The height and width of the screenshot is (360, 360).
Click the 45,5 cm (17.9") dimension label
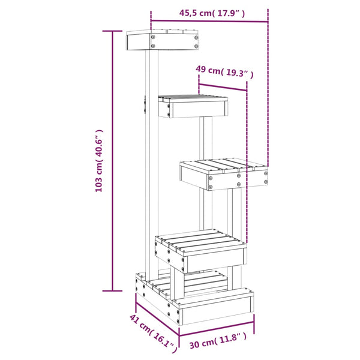(x=208, y=12)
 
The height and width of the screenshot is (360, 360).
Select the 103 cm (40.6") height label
(x=100, y=161)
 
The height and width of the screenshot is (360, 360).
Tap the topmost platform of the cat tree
(x=163, y=40)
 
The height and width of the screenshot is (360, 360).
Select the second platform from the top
(x=193, y=105)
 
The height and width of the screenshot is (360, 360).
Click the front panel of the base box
(x=216, y=308)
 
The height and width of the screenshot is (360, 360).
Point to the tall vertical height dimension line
(x=112, y=161)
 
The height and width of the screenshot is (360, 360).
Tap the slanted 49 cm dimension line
(x=222, y=86)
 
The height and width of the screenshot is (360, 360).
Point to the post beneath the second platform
(x=206, y=138)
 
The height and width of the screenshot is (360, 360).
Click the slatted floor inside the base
(x=201, y=282)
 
